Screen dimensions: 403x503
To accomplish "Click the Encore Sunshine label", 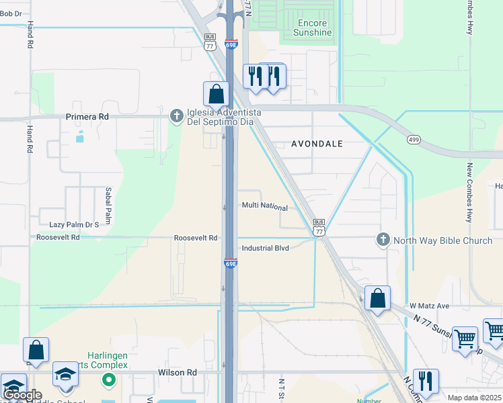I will click(314, 28).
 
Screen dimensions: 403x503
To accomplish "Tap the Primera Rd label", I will click(87, 116).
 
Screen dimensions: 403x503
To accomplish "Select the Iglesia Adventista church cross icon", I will click(176, 117).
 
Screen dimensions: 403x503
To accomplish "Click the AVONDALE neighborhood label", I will click(317, 144).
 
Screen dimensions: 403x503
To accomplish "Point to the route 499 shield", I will click(413, 139).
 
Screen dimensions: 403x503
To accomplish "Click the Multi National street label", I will click(265, 208).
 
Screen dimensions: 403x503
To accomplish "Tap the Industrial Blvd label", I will click(265, 248).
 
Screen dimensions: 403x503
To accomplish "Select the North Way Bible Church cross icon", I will click(383, 239).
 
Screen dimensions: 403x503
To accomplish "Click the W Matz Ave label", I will click(429, 306).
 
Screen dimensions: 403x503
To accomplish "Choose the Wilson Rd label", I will click(178, 371).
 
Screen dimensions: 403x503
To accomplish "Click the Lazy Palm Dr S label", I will click(74, 224).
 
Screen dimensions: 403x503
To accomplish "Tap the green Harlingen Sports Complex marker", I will click(108, 381).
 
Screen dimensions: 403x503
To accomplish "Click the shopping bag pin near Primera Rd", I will click(216, 95).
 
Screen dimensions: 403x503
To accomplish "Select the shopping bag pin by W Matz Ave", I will click(377, 298).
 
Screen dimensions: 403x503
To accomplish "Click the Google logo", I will click(22, 395).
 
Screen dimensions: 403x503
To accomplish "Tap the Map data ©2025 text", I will click(473, 398).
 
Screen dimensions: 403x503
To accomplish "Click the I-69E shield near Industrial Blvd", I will click(230, 263).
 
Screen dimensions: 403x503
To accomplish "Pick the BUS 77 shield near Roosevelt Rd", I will click(319, 226).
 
